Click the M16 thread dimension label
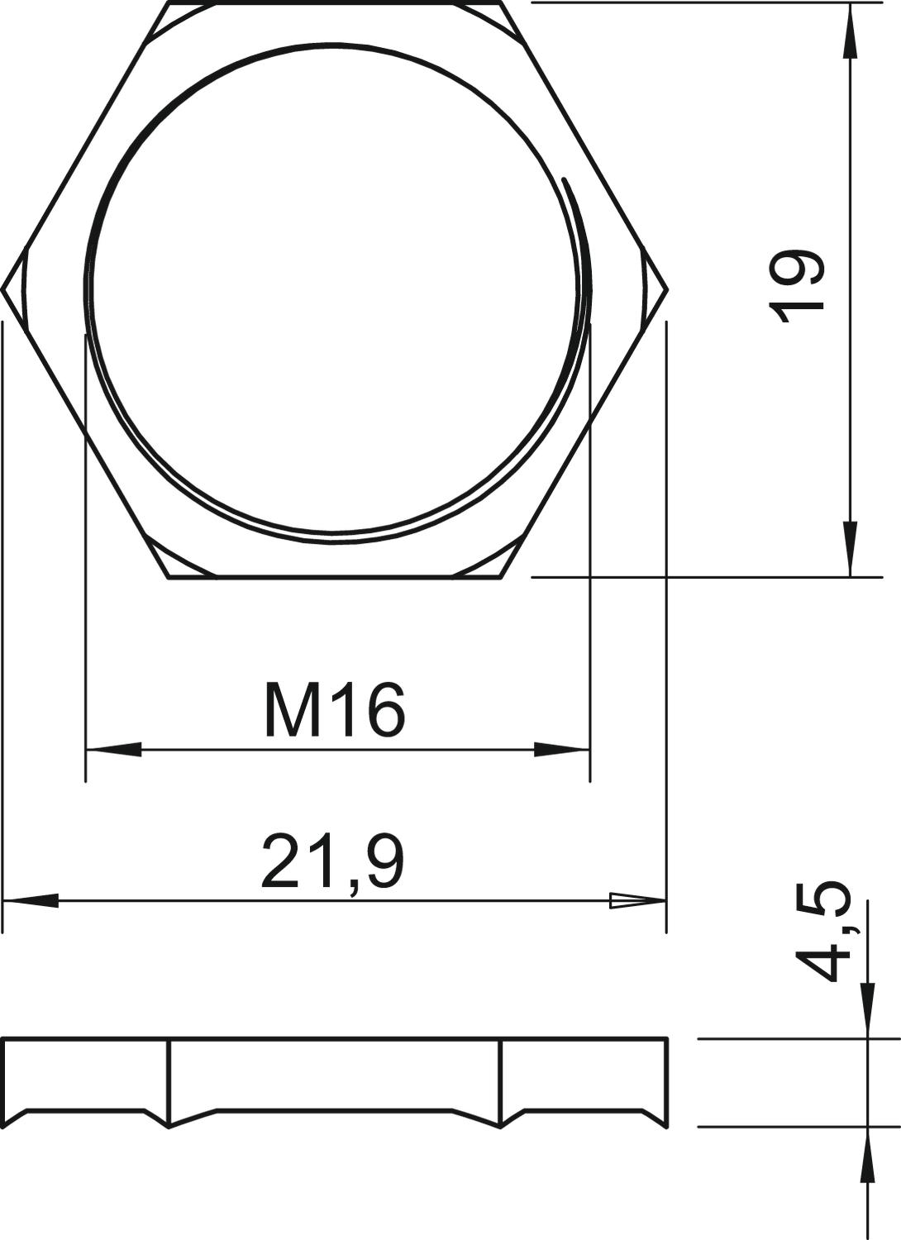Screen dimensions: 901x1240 click(336, 710)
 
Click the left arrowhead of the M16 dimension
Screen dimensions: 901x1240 click(113, 750)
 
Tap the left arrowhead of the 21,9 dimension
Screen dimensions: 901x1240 click(31, 901)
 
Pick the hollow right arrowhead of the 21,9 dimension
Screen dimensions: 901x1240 click(637, 901)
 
